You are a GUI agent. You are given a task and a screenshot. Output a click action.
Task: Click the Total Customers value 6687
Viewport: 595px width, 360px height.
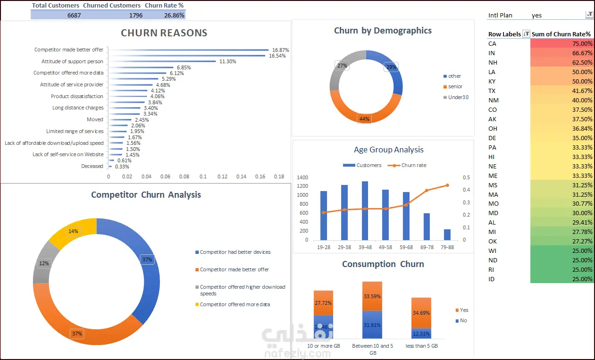[74, 16]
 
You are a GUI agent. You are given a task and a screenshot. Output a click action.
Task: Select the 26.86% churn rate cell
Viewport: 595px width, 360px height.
[174, 16]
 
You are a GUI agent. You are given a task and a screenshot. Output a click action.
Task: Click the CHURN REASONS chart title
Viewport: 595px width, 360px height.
[164, 33]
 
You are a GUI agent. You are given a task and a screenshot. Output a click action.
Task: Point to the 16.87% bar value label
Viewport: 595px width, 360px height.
[280, 50]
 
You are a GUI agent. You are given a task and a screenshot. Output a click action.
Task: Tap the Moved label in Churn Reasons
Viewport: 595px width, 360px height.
[95, 119]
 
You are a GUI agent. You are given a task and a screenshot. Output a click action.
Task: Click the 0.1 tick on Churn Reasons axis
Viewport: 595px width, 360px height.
[203, 176]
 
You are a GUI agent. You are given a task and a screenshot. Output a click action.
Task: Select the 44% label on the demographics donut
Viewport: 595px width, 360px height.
[364, 119]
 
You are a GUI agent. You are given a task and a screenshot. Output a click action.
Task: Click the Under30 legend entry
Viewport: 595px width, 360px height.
[456, 97]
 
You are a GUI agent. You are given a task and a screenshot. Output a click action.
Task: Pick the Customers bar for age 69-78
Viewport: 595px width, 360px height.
[427, 226]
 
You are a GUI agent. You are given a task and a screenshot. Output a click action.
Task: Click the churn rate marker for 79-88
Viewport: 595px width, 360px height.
[447, 185]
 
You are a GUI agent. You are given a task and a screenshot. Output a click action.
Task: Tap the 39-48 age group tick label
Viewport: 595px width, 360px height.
[365, 247]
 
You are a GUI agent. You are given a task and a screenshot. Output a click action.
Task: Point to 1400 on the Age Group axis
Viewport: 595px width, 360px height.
[302, 177]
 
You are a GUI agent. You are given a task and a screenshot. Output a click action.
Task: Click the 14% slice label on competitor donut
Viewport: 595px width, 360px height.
[73, 231]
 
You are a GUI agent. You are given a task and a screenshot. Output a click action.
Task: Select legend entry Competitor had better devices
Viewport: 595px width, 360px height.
[233, 252]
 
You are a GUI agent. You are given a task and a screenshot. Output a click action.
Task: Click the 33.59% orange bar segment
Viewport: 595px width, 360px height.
[372, 296]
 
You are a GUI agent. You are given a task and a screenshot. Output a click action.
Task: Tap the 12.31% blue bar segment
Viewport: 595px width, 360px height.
[421, 334]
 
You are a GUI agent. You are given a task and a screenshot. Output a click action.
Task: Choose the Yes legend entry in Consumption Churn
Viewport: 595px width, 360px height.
[462, 310]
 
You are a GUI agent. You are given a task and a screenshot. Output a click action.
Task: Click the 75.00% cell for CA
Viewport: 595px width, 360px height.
[561, 43]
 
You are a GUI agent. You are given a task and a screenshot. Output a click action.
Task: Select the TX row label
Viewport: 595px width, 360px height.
[492, 91]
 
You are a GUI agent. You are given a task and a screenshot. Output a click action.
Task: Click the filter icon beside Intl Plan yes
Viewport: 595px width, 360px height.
[589, 15]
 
